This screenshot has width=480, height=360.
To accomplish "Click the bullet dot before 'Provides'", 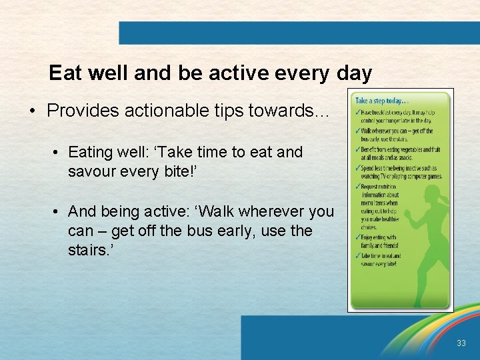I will [32, 111].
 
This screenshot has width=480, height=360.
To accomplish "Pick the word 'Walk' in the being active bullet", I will [217, 211].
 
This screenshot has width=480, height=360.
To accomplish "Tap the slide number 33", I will [461, 343].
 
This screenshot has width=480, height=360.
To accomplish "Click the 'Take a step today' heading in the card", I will [380, 101].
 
